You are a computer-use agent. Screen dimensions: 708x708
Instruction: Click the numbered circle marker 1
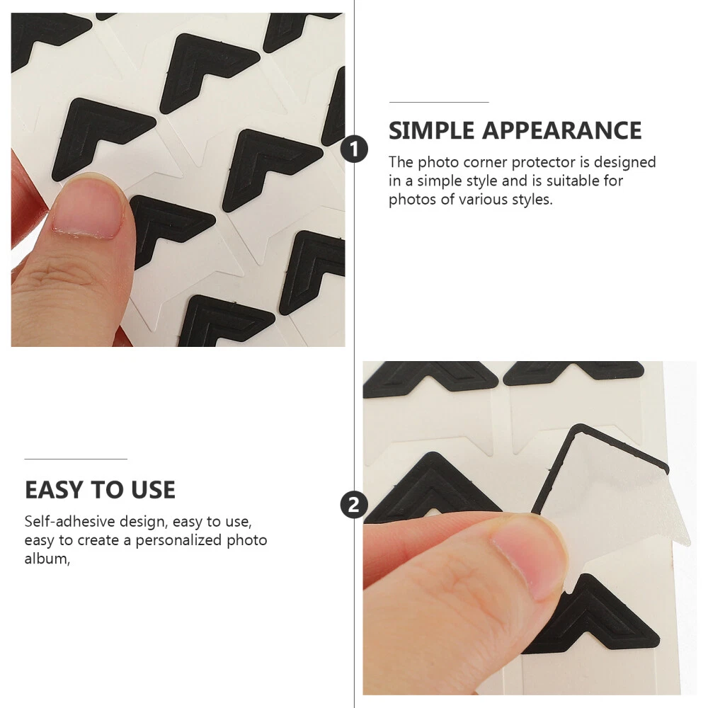354,149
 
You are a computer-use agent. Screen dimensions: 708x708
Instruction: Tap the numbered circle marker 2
354,504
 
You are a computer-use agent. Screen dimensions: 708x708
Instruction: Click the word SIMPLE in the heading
432,130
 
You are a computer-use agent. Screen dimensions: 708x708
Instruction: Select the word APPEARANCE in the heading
561,130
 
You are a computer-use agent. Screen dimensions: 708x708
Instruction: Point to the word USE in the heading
153,490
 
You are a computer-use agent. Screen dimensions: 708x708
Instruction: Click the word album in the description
47,559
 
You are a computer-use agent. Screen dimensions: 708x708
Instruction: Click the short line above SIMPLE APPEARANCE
439,103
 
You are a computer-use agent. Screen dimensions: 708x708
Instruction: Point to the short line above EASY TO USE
76,459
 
